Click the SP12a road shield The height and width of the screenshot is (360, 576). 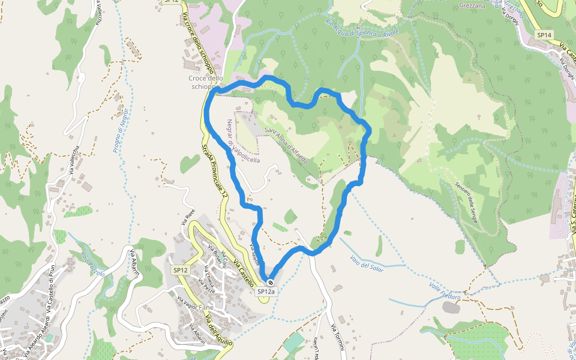coord(266,292)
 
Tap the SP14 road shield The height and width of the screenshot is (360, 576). coord(544,35)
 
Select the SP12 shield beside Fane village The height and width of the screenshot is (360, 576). coord(181,271)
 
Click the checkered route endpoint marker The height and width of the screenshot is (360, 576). coord(271,283)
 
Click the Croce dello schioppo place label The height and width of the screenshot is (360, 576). coord(205,83)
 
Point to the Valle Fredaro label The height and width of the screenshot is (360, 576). coord(445,292)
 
